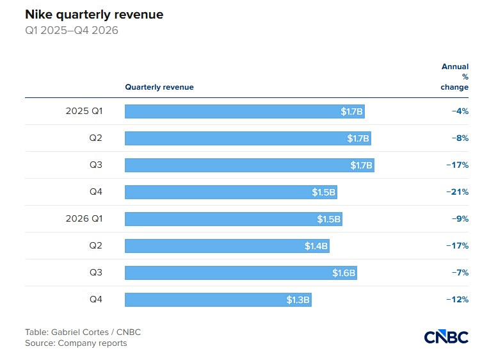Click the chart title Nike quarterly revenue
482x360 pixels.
(94, 15)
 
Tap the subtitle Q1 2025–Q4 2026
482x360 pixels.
(72, 30)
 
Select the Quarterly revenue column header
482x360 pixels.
(159, 87)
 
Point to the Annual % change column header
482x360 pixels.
(454, 77)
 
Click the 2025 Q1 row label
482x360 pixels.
(84, 111)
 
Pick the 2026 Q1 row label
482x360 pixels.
(84, 218)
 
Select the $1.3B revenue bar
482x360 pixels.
(218, 300)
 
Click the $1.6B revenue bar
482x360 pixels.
(241, 273)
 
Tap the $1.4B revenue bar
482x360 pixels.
(227, 246)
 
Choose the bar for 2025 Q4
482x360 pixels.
(231, 192)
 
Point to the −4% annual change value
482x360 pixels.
(460, 111)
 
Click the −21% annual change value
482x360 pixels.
(458, 192)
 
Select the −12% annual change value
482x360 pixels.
(458, 300)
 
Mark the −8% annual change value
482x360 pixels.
(460, 138)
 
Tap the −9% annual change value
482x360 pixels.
(460, 219)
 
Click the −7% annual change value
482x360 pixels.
(460, 273)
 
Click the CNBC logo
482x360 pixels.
(446, 337)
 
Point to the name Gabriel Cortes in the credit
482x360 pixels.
(80, 332)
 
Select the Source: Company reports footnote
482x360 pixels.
(76, 343)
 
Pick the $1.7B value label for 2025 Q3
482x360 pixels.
(361, 165)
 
